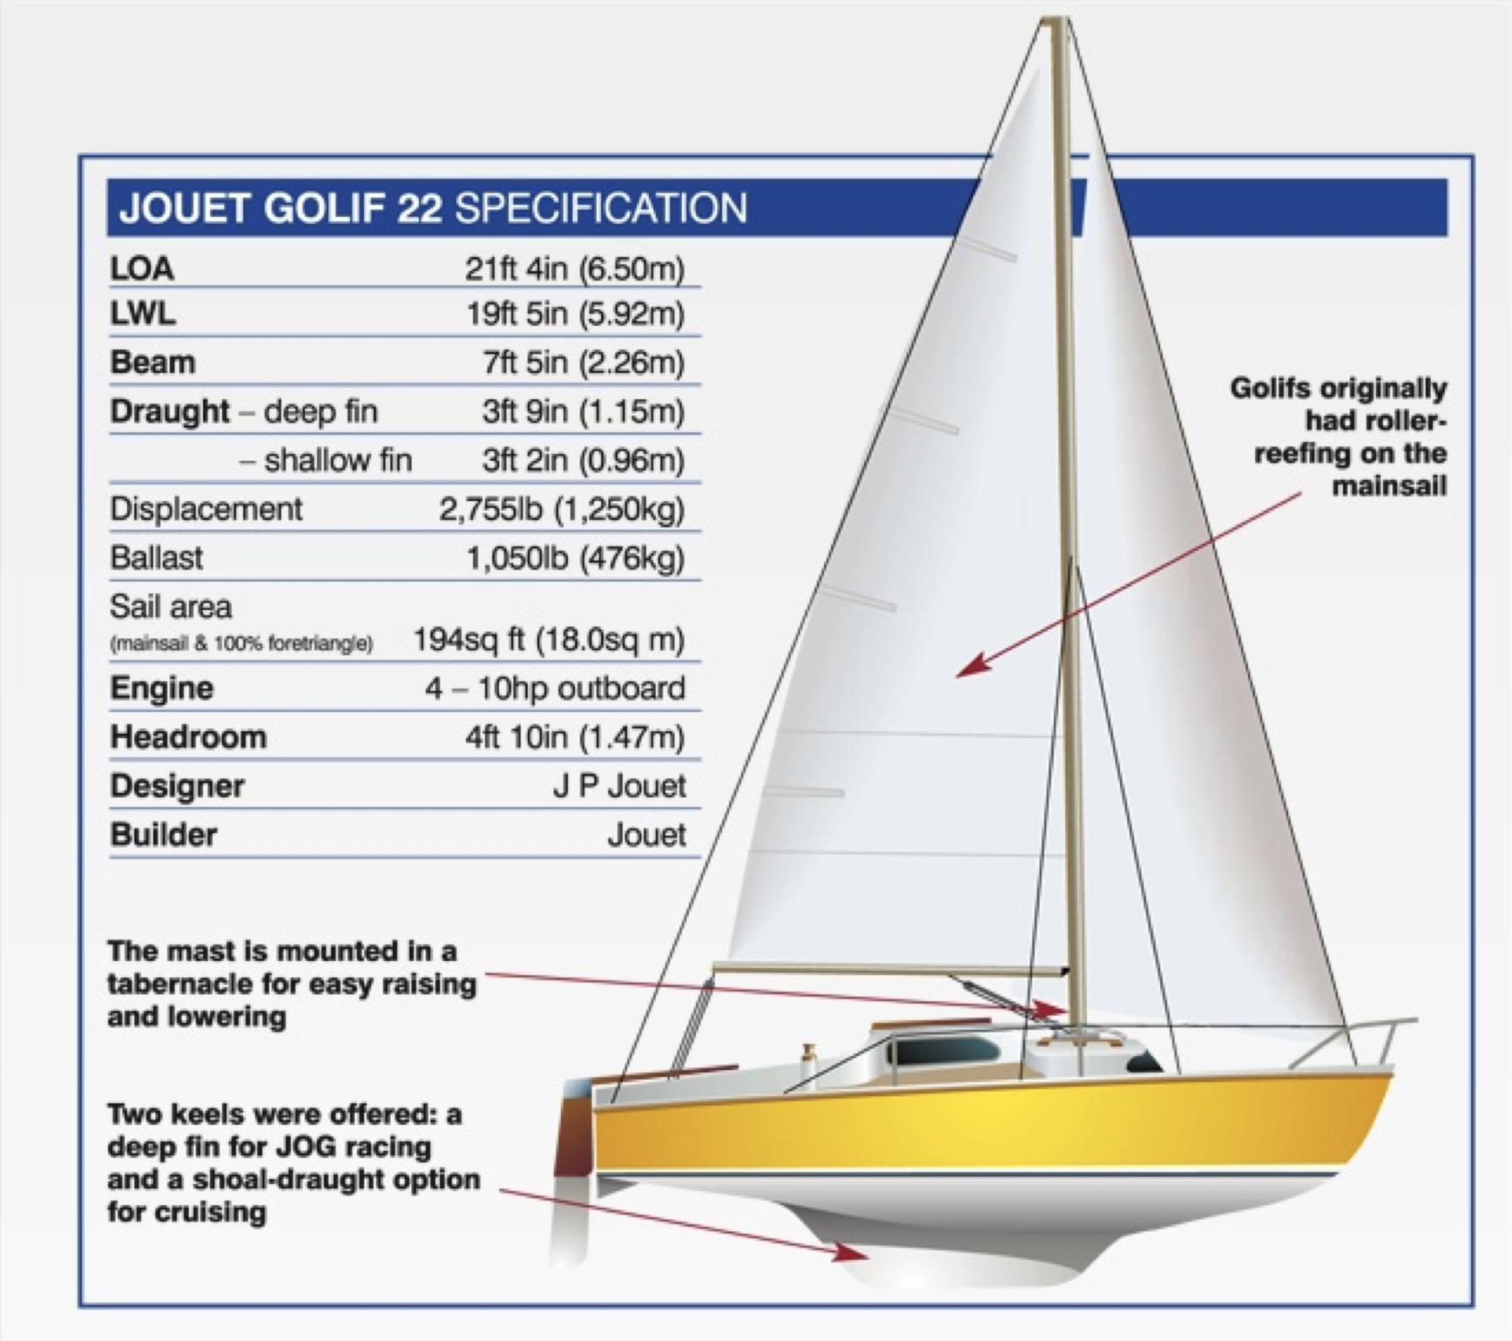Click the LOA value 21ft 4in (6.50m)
click(x=574, y=268)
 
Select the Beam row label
click(x=152, y=362)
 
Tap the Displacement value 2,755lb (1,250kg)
click(x=562, y=510)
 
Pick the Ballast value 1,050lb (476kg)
click(x=576, y=559)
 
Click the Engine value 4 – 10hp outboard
click(x=555, y=688)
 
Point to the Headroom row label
click(x=188, y=737)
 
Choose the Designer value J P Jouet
click(x=619, y=786)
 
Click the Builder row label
click(x=164, y=835)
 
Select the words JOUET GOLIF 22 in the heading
click(x=280, y=209)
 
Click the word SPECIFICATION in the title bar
click(x=601, y=209)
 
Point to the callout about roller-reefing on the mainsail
click(x=1338, y=437)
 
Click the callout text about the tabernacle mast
click(x=292, y=984)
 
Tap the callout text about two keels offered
click(x=294, y=1162)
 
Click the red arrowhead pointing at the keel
click(x=849, y=1252)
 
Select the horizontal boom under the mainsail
click(x=890, y=968)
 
